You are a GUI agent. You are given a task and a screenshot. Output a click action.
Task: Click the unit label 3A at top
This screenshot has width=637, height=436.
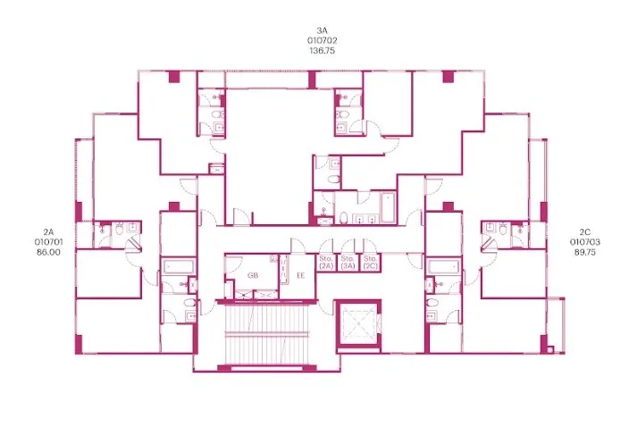click(x=322, y=30)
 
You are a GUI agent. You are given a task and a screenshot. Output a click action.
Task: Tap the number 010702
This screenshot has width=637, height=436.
click(x=322, y=40)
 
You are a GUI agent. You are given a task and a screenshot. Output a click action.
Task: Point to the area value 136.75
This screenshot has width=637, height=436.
click(x=322, y=51)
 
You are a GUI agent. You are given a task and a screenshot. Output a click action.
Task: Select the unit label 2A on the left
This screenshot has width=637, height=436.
click(x=48, y=232)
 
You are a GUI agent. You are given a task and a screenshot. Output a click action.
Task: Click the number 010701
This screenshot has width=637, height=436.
click(x=48, y=242)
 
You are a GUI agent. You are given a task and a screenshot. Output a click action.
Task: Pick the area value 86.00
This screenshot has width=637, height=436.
click(x=48, y=252)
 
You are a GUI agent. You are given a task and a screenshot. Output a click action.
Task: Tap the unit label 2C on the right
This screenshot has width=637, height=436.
click(x=584, y=232)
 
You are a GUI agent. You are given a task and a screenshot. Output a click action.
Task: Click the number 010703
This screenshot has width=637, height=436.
click(x=584, y=242)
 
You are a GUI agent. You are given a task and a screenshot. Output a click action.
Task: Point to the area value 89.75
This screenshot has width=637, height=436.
click(x=584, y=252)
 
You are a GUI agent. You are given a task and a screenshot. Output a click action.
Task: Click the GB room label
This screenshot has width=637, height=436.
click(x=253, y=275)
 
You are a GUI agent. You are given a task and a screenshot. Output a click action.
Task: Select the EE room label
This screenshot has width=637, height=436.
click(x=300, y=275)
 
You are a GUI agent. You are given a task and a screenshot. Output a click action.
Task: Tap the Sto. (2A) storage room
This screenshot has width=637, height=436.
click(x=326, y=263)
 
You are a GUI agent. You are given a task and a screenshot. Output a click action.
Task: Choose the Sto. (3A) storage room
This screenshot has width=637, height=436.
click(x=348, y=263)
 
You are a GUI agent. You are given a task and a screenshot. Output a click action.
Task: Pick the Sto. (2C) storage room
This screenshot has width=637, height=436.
click(x=370, y=263)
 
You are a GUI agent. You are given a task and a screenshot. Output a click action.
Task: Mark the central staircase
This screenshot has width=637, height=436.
click(x=266, y=334)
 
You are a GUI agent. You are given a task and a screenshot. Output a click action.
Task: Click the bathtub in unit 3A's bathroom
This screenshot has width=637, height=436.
click(x=388, y=207)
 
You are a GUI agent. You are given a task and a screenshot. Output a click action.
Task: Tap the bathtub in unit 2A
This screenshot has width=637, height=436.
click(x=179, y=266)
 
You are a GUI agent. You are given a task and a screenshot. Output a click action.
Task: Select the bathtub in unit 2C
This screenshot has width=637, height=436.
click(x=444, y=267)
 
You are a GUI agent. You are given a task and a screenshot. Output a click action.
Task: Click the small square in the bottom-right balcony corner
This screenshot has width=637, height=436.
click(x=550, y=349)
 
